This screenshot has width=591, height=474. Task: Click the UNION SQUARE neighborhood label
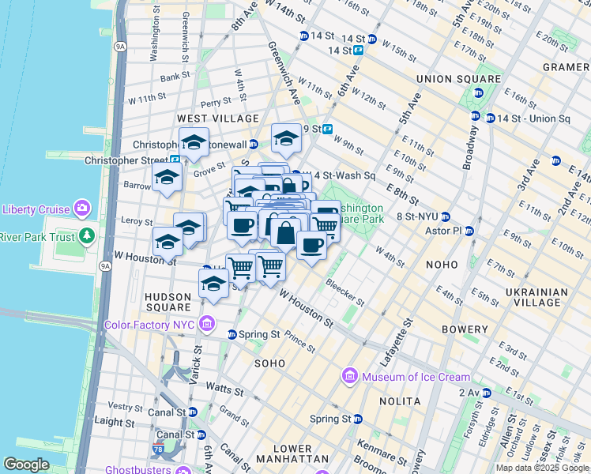[x=458, y=79]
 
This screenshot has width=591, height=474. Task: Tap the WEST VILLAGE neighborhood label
[x=217, y=118]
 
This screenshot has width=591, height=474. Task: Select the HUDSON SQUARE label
[x=168, y=302]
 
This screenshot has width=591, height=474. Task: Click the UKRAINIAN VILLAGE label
[x=536, y=297]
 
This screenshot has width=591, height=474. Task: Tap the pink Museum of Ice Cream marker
[x=349, y=377]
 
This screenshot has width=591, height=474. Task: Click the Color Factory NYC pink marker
[x=207, y=324]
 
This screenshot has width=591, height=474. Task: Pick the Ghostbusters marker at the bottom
[x=183, y=470]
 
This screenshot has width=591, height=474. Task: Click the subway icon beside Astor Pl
[x=469, y=231]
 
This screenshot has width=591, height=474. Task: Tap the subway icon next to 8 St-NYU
[x=445, y=216]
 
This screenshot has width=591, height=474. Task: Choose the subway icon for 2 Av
[x=487, y=393]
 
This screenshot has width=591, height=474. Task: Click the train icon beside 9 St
[x=326, y=129]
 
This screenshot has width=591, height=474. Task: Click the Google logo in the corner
[x=26, y=465]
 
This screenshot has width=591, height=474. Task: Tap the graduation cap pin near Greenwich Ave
[x=286, y=140]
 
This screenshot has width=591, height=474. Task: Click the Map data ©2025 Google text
[x=541, y=468]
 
